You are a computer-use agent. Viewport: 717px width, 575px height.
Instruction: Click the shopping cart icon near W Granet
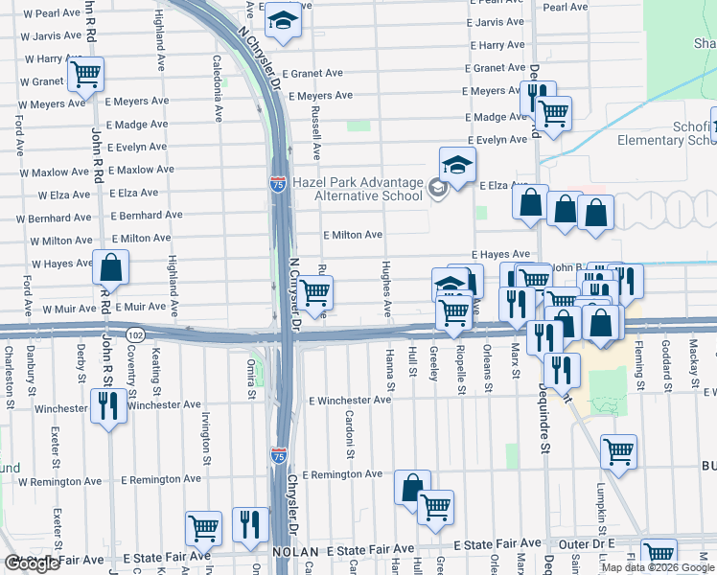tap(86, 74)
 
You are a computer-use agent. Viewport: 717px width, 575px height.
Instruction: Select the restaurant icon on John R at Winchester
tap(107, 406)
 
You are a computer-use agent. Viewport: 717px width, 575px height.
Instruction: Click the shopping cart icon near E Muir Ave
tap(314, 291)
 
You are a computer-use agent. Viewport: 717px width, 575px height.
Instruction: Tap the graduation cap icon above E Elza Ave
tap(458, 164)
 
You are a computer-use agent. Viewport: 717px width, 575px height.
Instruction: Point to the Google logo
tap(33, 563)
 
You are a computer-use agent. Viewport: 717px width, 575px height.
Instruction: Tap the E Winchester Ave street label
tap(349, 400)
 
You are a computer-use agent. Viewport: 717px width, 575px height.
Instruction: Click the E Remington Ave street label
tap(342, 474)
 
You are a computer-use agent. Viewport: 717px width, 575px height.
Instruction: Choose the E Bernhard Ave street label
tap(147, 216)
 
